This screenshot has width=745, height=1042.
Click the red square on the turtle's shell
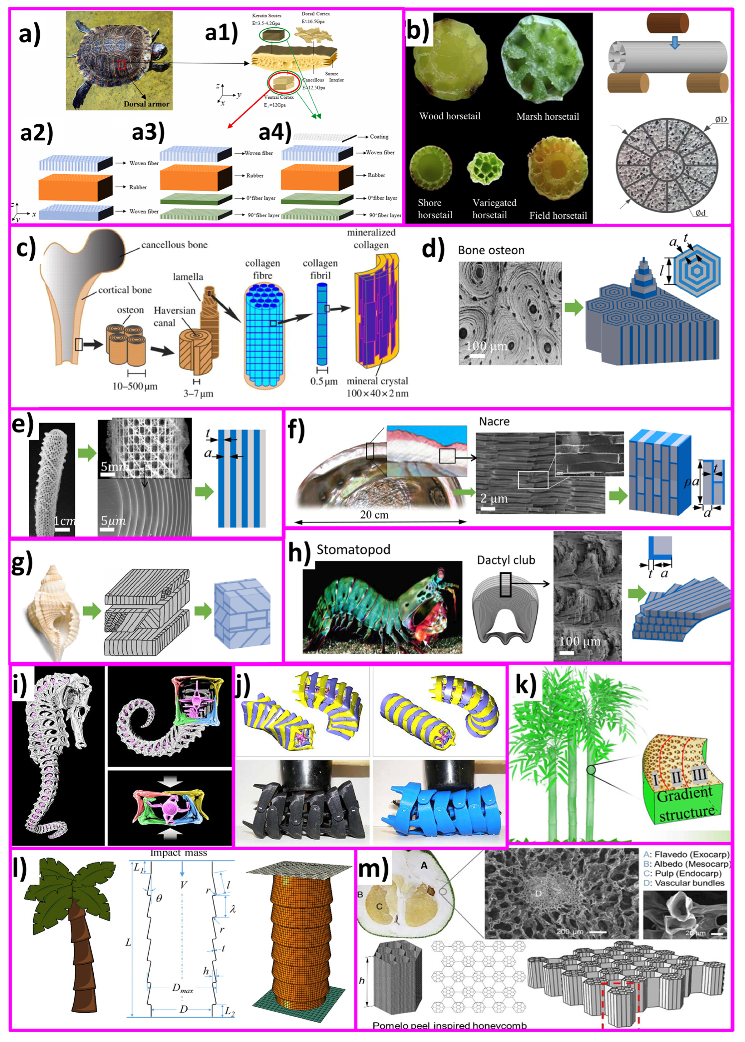click(x=121, y=65)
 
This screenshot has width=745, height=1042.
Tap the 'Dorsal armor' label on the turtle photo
click(x=146, y=104)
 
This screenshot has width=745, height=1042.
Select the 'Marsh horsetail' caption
click(x=547, y=117)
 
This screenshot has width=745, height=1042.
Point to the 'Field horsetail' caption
click(x=558, y=215)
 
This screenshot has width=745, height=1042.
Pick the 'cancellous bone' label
click(x=174, y=245)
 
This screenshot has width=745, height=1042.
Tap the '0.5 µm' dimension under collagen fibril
click(x=323, y=381)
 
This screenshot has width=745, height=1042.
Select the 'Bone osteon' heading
click(x=491, y=250)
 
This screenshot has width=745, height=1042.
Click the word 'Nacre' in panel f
click(x=494, y=421)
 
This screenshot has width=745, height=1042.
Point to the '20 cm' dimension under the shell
click(x=374, y=514)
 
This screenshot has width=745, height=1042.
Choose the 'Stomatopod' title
click(x=353, y=549)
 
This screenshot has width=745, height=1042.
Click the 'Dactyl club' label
click(x=506, y=560)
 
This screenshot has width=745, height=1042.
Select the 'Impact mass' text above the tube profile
click(x=179, y=853)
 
